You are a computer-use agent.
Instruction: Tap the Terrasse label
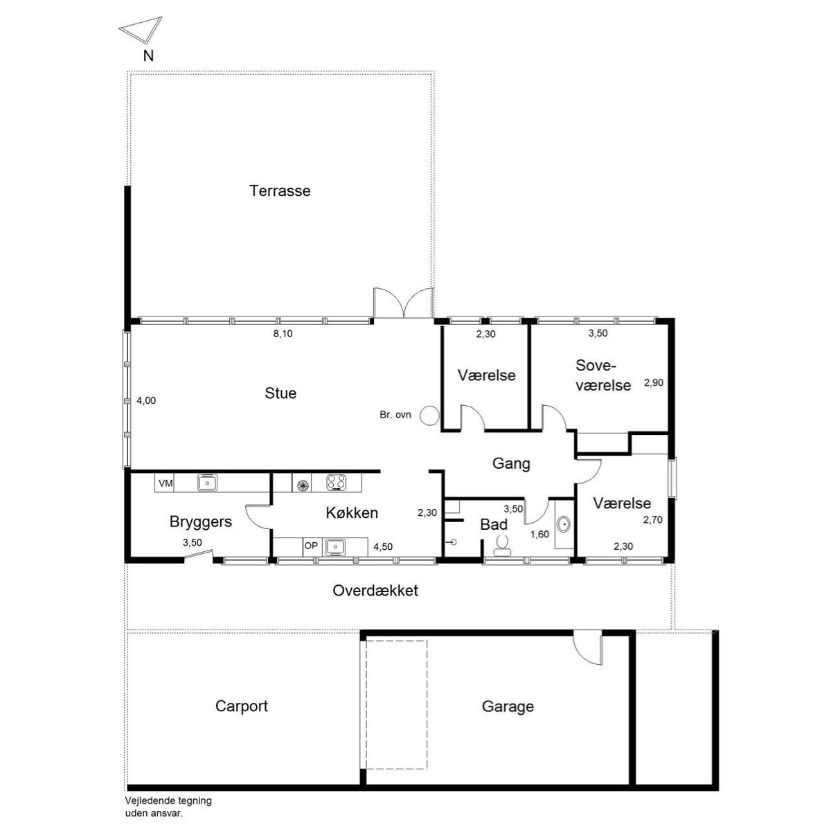click(280, 190)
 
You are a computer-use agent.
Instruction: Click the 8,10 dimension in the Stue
click(283, 333)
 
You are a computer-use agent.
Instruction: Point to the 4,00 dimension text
click(146, 400)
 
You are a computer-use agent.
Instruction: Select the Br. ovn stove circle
click(430, 415)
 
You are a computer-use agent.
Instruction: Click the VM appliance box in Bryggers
click(166, 483)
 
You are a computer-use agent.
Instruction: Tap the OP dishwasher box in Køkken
click(312, 546)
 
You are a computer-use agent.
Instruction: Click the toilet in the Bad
click(501, 545)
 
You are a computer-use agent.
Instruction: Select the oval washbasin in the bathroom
click(563, 524)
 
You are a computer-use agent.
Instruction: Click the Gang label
click(511, 463)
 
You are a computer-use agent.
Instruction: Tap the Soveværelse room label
click(603, 375)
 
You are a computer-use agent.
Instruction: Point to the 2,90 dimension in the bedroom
click(654, 382)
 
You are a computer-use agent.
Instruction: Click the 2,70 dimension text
click(653, 519)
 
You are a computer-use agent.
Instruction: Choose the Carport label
click(242, 706)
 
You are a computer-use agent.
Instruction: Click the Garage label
click(508, 706)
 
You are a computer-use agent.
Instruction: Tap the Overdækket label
click(375, 591)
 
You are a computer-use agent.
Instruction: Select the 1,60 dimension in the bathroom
click(539, 535)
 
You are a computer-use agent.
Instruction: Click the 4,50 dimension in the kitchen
click(383, 547)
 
